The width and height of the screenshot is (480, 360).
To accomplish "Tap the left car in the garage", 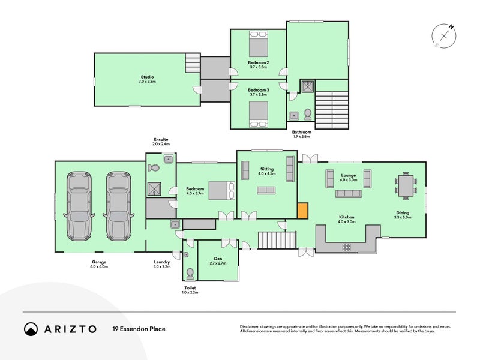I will (79, 206).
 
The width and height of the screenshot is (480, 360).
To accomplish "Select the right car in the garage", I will (118, 206).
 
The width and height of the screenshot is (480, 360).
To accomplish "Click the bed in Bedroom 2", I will (259, 44).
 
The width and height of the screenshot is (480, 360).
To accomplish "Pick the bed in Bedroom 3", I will (259, 113).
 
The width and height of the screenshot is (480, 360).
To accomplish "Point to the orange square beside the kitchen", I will (303, 211).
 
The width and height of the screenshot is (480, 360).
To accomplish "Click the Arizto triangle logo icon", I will (31, 329).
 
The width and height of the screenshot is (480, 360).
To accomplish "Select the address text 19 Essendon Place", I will (139, 329).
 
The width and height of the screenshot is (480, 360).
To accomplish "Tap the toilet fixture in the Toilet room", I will (190, 274).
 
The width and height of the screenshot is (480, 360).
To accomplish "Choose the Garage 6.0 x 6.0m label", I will (99, 264).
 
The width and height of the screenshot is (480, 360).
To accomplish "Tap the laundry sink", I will (175, 224).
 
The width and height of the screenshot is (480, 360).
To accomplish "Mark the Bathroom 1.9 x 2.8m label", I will (301, 134).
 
